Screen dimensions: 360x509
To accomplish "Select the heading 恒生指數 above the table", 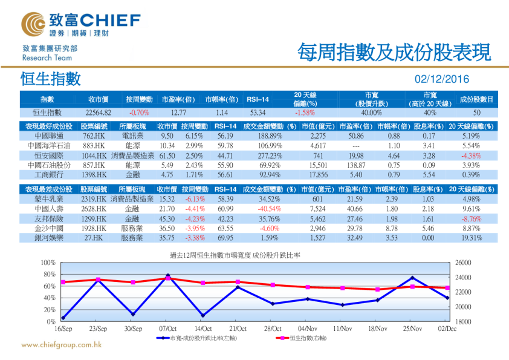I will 50,79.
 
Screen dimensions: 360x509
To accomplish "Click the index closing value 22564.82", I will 99,113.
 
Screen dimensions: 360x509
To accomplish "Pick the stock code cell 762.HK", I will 94,136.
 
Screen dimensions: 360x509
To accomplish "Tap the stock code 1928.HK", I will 94,229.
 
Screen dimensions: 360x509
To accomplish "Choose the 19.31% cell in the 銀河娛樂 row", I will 471,238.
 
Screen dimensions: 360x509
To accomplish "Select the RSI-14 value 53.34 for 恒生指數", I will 258,113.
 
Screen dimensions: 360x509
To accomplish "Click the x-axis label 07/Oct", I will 167,329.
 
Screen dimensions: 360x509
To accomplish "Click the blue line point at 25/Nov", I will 412,278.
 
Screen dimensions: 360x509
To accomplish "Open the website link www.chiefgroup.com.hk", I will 61,345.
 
